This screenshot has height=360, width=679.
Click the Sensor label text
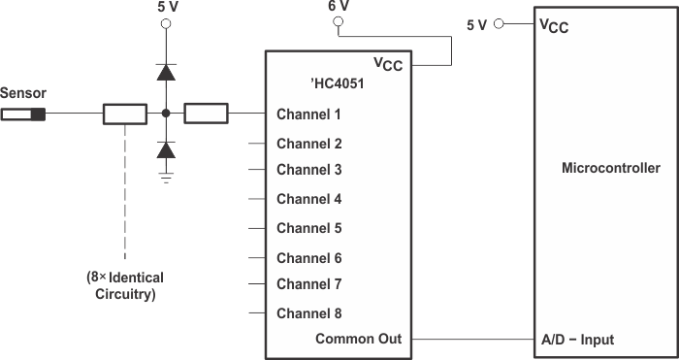pos(23,93)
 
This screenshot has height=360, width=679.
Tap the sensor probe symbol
pos(24,115)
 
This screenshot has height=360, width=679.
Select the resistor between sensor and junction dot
pos(125,115)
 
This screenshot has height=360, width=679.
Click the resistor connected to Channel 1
pos(206,115)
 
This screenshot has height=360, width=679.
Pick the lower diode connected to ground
pos(166,149)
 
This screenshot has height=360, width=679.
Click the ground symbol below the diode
pos(166,178)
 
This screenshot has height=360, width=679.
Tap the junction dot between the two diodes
pos(166,115)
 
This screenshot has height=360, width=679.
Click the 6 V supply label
pos(338,7)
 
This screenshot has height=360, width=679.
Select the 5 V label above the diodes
pos(167,7)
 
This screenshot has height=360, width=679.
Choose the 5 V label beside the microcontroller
pos(476,25)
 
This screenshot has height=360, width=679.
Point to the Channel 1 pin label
pos(308,115)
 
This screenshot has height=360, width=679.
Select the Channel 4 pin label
pos(308,199)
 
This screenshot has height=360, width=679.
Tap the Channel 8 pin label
pos(308,313)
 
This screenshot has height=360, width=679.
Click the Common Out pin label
pos(358,340)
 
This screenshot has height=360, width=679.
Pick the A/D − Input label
pos(576,340)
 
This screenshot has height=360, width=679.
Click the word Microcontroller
pos(611,168)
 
